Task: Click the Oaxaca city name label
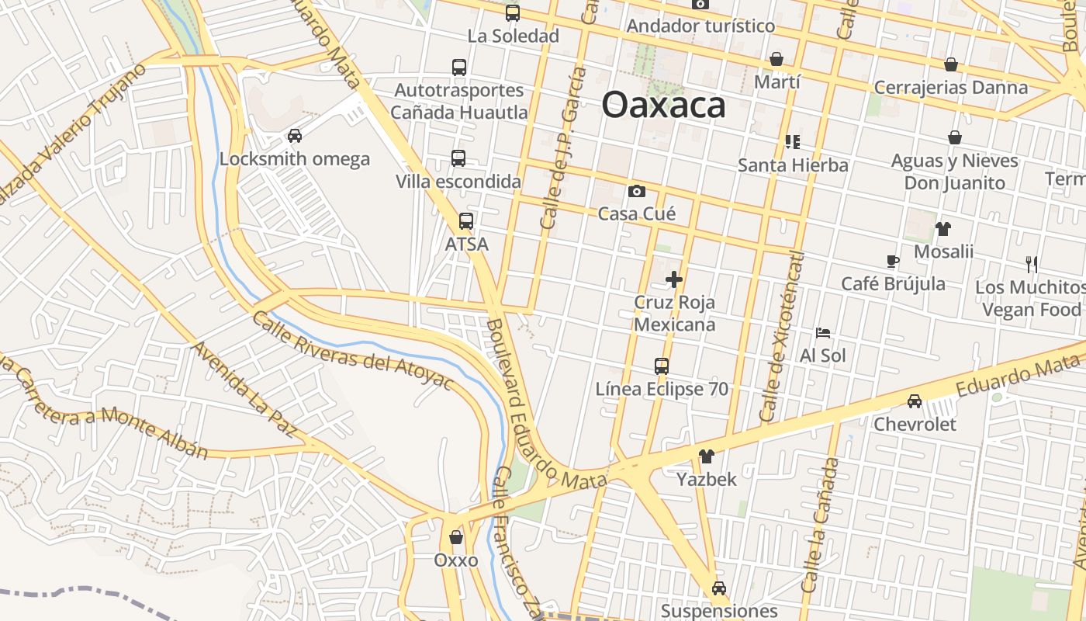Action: tap(663, 106)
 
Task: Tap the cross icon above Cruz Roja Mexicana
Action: tap(674, 279)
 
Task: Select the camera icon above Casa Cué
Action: tap(636, 191)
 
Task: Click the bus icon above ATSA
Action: tap(465, 221)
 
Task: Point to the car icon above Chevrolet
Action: tap(915, 401)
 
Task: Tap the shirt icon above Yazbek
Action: tap(706, 456)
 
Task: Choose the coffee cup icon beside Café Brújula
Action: tap(893, 261)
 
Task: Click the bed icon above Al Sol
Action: tap(823, 333)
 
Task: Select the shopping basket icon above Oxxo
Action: tap(456, 537)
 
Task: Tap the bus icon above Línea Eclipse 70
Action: tap(662, 366)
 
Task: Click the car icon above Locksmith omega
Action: tap(295, 136)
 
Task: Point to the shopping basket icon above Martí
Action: tap(776, 59)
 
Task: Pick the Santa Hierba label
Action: tap(793, 165)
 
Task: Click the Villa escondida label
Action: tap(458, 182)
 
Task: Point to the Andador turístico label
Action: tap(700, 26)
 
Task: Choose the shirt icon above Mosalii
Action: tap(942, 228)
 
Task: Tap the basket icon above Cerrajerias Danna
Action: tap(951, 64)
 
